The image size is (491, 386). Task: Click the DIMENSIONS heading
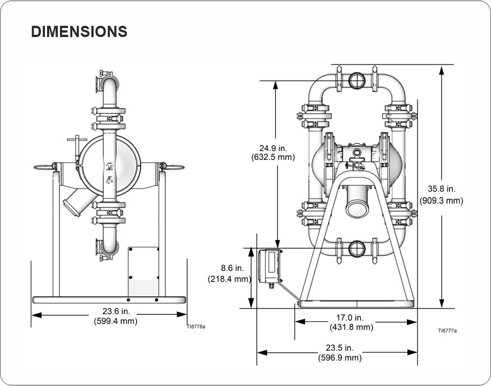pos(79,31)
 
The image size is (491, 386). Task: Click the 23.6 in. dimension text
pos(116,311)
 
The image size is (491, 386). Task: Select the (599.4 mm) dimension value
pos(115,321)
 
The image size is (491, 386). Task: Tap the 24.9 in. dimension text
pos(273,148)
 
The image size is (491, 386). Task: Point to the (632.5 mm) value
pos(273,157)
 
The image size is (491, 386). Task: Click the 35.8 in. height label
pos(442,189)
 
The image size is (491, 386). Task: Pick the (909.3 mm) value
pos(441,200)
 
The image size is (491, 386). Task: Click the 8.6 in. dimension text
pos(232,268)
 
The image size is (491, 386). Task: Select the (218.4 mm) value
pos(230,279)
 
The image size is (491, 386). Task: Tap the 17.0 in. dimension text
pos(350,318)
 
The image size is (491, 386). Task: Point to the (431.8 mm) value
pos(351,327)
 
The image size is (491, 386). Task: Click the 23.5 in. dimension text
pos(340,348)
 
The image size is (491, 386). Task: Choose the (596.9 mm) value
pos(340,357)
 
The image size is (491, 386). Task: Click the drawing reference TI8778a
pos(196,327)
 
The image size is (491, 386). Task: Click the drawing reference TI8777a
pos(447,330)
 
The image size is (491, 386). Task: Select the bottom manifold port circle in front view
pos(356,249)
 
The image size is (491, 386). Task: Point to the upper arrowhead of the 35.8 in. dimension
pos(442,71)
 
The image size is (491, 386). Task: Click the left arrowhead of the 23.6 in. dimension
pos(36,315)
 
